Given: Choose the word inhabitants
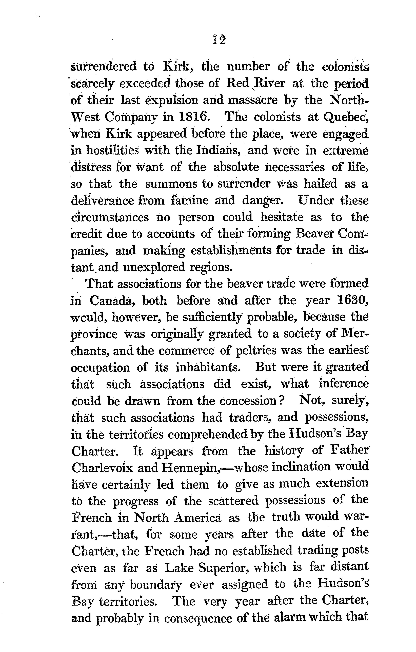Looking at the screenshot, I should (208, 368).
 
